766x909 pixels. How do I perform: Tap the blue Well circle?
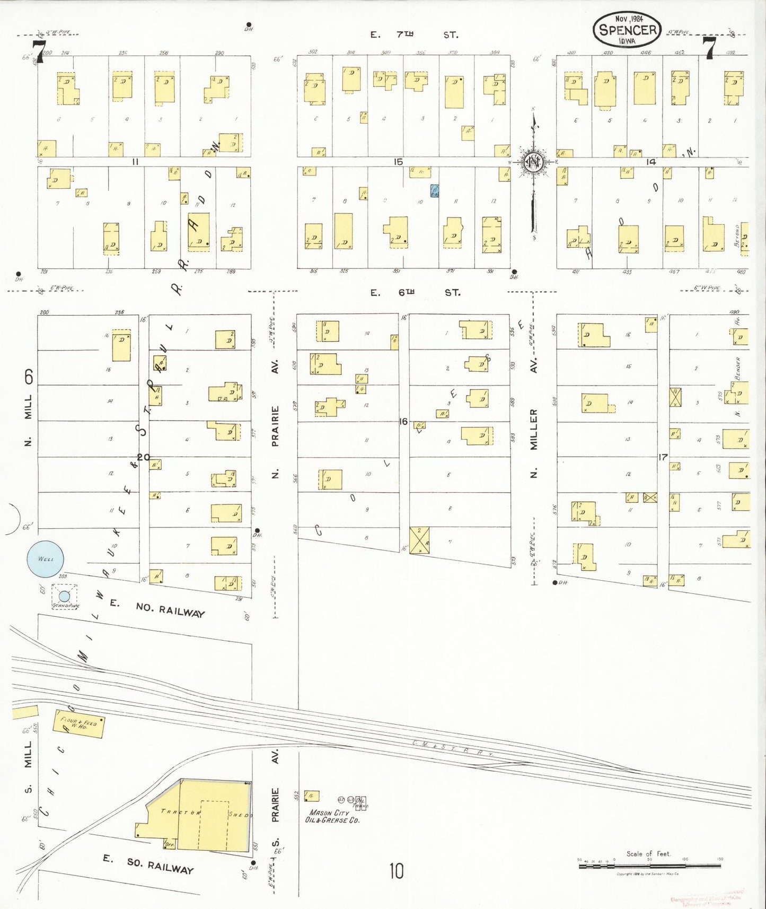(x=45, y=559)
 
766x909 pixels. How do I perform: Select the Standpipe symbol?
(x=64, y=597)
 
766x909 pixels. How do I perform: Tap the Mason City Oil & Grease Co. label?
(x=332, y=816)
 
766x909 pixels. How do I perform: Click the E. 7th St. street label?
(x=414, y=35)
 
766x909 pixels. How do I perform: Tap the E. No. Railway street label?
(x=157, y=608)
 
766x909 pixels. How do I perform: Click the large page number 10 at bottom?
(x=396, y=871)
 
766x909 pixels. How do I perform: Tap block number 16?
(x=403, y=422)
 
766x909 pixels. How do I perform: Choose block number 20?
(x=143, y=457)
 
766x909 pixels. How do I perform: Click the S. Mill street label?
(x=28, y=767)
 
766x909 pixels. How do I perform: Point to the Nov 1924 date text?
(x=629, y=18)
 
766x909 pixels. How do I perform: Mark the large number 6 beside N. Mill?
(x=29, y=377)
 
